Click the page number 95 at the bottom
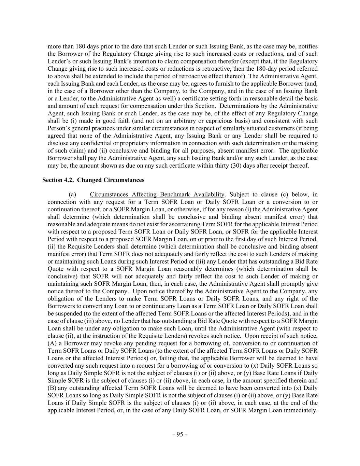tap(180, 435)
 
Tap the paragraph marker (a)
tap(72, 195)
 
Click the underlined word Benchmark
tap(175, 195)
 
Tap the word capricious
tap(204, 121)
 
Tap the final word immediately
tap(302, 410)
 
